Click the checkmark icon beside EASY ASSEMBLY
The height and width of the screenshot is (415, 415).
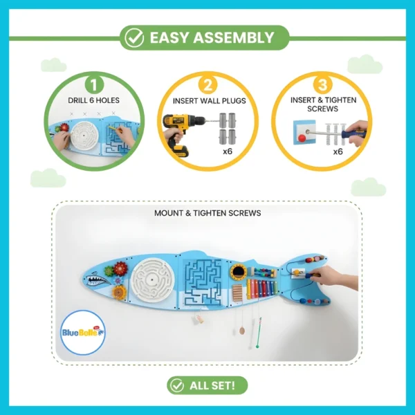pyautogui.click(x=134, y=38)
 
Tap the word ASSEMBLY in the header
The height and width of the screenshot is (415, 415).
pyautogui.click(x=233, y=37)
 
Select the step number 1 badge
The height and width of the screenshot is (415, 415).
pyautogui.click(x=94, y=85)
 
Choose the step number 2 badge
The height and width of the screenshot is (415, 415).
pyautogui.click(x=207, y=85)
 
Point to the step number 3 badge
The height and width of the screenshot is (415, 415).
pyautogui.click(x=322, y=85)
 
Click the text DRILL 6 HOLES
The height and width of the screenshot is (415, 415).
pyautogui.click(x=93, y=100)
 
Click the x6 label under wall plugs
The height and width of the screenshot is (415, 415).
pyautogui.click(x=228, y=151)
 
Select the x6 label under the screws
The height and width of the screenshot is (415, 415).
pyautogui.click(x=338, y=151)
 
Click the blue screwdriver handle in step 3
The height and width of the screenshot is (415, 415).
pyautogui.click(x=350, y=135)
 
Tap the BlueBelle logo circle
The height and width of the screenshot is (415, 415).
pyautogui.click(x=83, y=333)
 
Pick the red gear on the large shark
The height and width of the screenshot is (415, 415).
pyautogui.click(x=120, y=268)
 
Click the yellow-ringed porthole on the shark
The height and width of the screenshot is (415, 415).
pyautogui.click(x=238, y=271)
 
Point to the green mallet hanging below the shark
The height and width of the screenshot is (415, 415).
pyautogui.click(x=258, y=333)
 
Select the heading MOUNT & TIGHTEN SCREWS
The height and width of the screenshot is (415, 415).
pyautogui.click(x=207, y=213)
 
